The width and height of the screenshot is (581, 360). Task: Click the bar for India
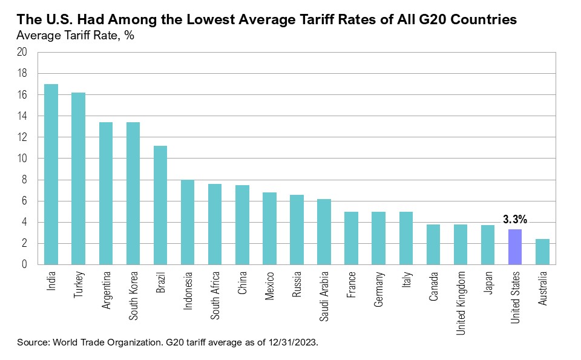coord(51,174)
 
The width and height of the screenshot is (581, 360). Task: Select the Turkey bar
coord(79,178)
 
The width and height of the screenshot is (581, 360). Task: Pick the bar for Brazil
coord(160,205)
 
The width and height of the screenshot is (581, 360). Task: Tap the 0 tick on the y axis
coord(25,264)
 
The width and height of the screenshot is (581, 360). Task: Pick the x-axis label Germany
coord(378,289)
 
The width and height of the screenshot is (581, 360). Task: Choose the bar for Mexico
coord(269,229)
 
